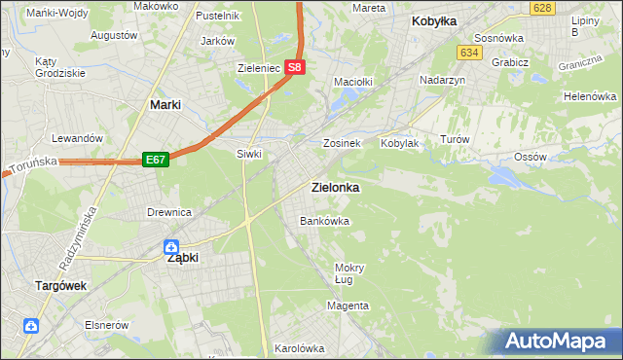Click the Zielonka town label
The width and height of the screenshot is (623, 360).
333,187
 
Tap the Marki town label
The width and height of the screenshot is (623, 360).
166,104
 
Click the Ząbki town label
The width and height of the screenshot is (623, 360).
183,259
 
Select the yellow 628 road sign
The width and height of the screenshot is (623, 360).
543,8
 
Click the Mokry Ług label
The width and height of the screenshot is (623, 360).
348,273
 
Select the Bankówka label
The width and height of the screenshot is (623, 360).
324,221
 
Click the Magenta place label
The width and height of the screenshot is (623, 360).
348,306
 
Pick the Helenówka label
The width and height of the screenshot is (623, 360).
590,97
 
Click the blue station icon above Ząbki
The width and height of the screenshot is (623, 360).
171,247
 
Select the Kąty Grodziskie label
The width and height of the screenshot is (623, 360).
59,66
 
